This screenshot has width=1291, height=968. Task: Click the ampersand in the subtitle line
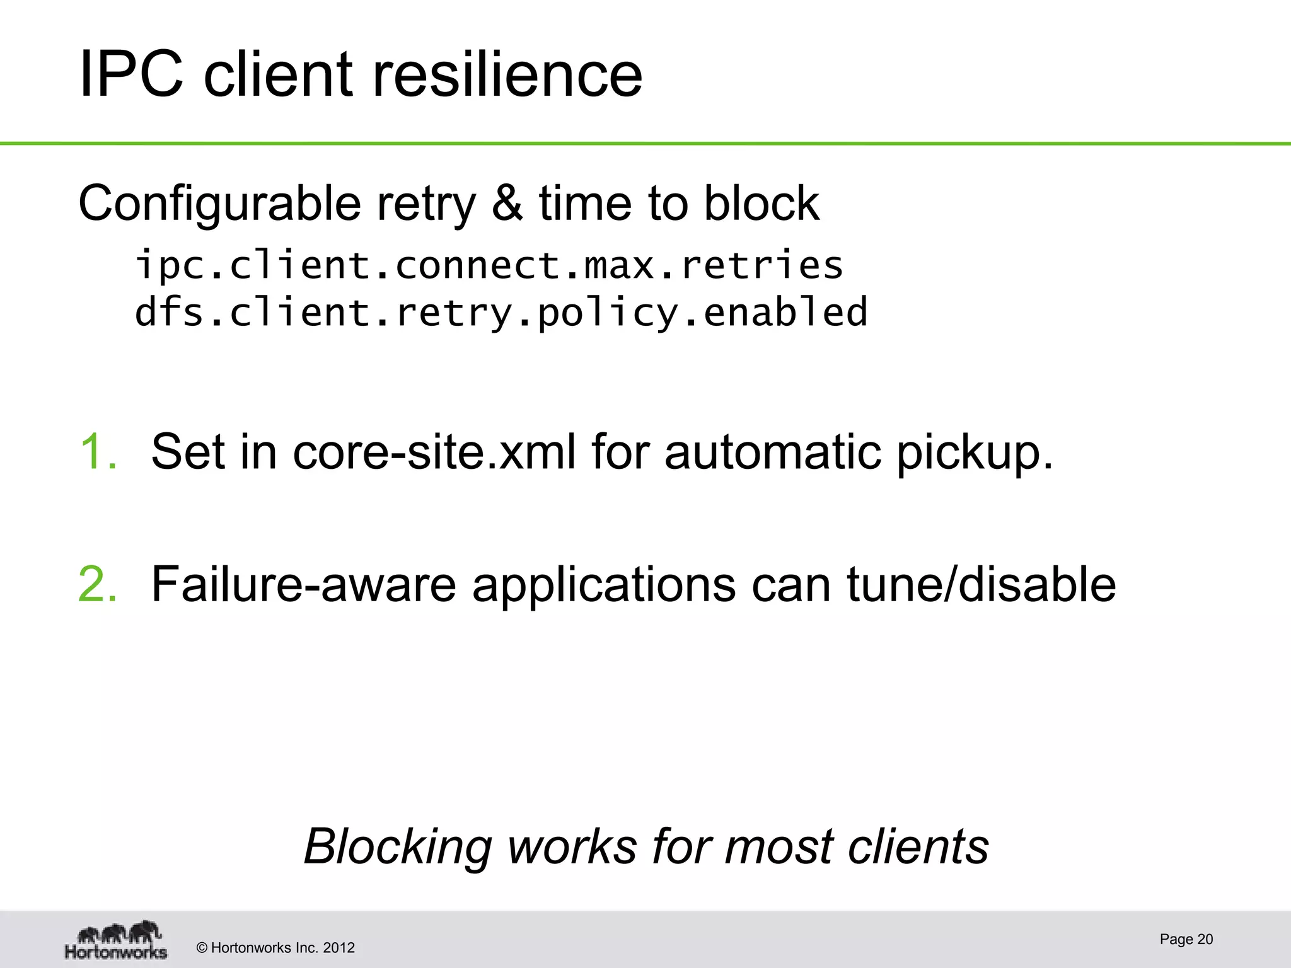click(x=507, y=203)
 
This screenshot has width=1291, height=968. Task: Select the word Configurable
click(x=219, y=204)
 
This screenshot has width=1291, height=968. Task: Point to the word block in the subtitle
click(x=761, y=203)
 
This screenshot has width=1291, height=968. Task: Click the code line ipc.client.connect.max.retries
click(x=489, y=265)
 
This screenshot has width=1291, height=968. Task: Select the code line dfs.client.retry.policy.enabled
click(x=501, y=313)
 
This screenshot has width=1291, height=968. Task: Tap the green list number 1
click(x=98, y=451)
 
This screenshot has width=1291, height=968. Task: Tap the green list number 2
click(x=98, y=584)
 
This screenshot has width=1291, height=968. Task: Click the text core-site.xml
click(x=434, y=451)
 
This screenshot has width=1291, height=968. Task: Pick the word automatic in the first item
click(x=772, y=451)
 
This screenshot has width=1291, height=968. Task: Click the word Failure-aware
click(x=303, y=584)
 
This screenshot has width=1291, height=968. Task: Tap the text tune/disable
click(x=981, y=584)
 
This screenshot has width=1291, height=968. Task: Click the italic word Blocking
click(x=398, y=846)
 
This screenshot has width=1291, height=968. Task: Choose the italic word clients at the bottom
click(x=918, y=846)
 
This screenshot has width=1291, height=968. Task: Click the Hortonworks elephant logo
click(x=116, y=940)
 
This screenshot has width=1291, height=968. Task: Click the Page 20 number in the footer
click(x=1186, y=939)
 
